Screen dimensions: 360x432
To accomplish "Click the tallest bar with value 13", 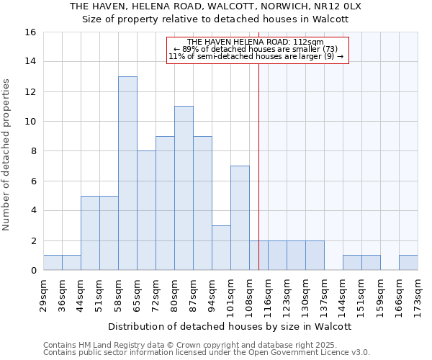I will pyautogui.click(x=127, y=174).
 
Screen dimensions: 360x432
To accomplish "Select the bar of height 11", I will pyautogui.click(x=184, y=188).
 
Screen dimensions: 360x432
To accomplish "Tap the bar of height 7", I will pyautogui.click(x=240, y=218).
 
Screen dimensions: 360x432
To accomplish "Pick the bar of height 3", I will pyautogui.click(x=221, y=248).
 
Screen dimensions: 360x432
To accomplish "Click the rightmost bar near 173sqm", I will pyautogui.click(x=408, y=263).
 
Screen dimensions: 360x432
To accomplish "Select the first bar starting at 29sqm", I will pyautogui.click(x=53, y=263).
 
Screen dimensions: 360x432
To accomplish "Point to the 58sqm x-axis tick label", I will pyautogui.click(x=119, y=293).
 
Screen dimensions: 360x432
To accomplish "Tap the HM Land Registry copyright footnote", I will pyautogui.click(x=194, y=345).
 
